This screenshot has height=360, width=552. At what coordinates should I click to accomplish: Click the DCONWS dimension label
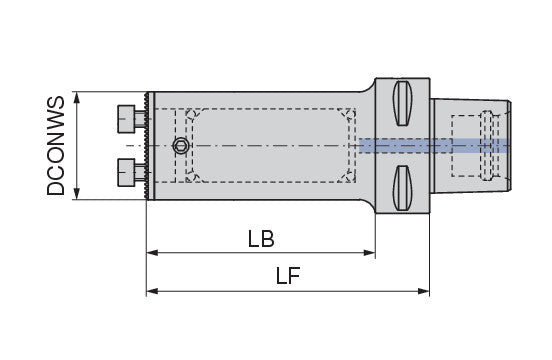click(56, 146)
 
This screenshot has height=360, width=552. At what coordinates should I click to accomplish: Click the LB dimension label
click(261, 239)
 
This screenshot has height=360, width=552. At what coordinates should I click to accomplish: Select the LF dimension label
click(288, 276)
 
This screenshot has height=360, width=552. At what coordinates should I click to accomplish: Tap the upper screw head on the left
click(126, 119)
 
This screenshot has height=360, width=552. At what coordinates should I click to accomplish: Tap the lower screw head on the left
click(126, 172)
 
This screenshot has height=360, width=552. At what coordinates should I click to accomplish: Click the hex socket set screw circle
click(181, 145)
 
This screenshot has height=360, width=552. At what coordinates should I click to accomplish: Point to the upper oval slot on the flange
click(402, 103)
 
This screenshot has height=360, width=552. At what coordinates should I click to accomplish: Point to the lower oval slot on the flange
click(402, 188)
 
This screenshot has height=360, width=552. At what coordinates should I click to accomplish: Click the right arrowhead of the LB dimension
click(369, 253)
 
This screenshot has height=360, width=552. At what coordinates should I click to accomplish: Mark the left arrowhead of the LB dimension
click(152, 253)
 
